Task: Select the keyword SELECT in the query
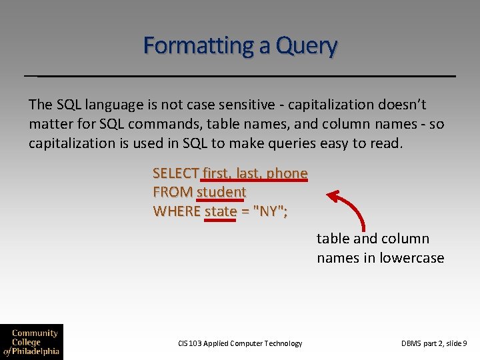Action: pyautogui.click(x=176, y=173)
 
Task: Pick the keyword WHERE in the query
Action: pyautogui.click(x=177, y=211)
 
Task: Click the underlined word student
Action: pyautogui.click(x=221, y=192)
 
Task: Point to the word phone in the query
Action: pyautogui.click(x=287, y=173)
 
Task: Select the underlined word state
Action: pyautogui.click(x=221, y=211)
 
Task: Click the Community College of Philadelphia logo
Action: pyautogui.click(x=31, y=342)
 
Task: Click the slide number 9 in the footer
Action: pyautogui.click(x=465, y=343)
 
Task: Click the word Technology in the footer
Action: pyautogui.click(x=283, y=343)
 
